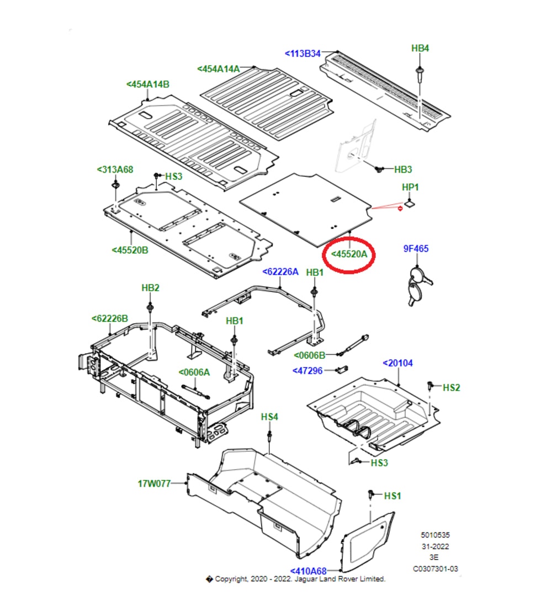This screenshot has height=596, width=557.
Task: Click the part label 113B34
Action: click(303, 54)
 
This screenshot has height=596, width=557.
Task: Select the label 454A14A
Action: click(219, 69)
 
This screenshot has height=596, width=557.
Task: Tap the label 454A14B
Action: click(148, 84)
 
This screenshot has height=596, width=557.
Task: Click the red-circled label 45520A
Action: click(349, 254)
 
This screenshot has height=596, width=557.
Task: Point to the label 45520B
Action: click(130, 250)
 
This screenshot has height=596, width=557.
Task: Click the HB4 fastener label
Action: click(420, 49)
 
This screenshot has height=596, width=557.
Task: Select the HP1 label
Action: click(410, 188)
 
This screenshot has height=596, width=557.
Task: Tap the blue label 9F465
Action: click(416, 249)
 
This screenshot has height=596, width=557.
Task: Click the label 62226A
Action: click(280, 272)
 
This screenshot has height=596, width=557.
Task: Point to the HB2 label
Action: click(150, 288)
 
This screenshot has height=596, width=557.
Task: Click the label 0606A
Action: click(194, 372)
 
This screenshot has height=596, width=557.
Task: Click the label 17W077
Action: click(154, 484)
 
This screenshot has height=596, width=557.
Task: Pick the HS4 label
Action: click(269, 417)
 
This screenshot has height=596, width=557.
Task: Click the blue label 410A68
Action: click(308, 571)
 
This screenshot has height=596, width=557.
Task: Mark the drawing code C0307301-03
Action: click(436, 569)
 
